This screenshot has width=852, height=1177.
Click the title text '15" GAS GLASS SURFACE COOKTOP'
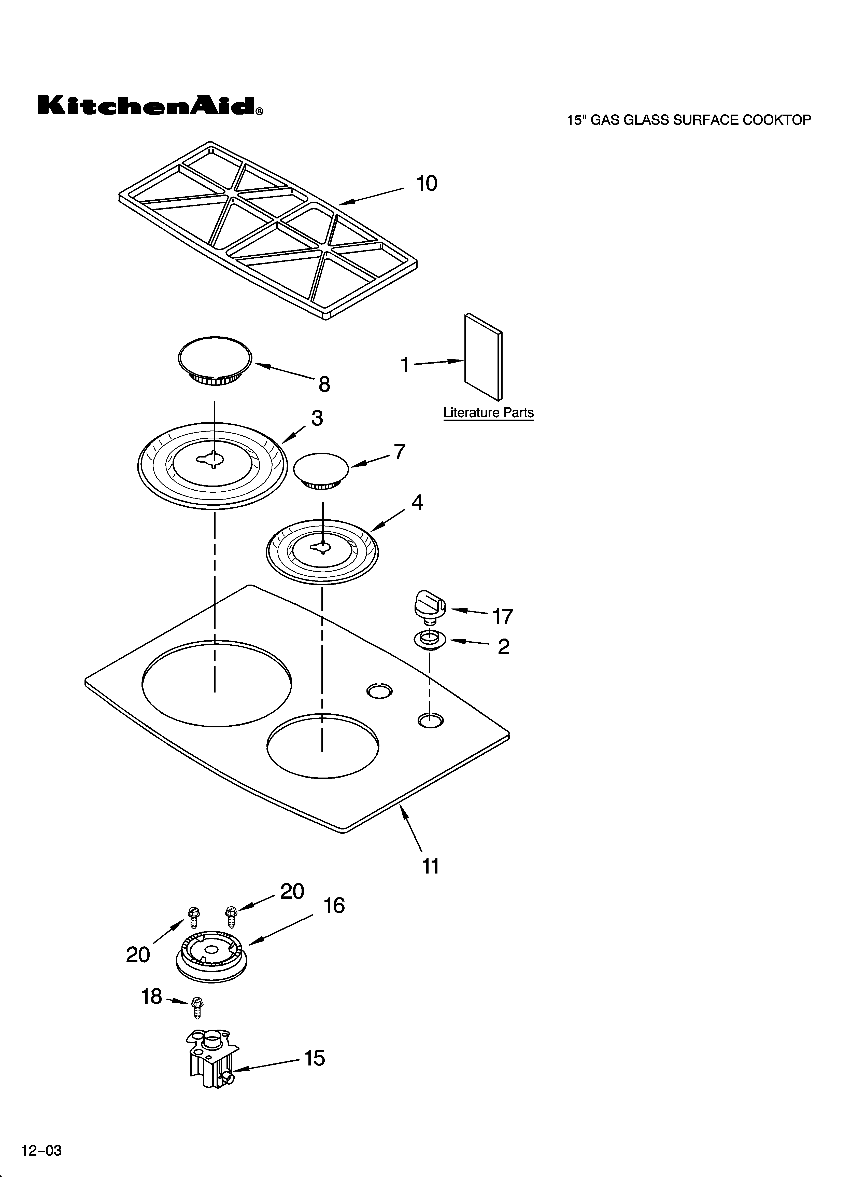click(x=689, y=120)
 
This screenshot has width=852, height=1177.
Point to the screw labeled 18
click(x=197, y=1008)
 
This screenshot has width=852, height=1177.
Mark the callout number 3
click(x=317, y=418)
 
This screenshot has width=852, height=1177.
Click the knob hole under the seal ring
click(x=430, y=720)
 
